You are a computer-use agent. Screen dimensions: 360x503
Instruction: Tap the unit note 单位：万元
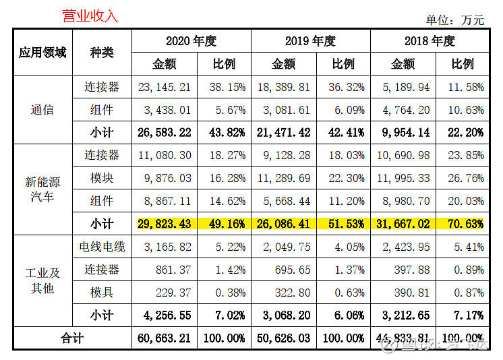point(454,20)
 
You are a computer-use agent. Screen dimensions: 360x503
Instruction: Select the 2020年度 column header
point(191,41)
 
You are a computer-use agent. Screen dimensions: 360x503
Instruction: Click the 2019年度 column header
point(310,41)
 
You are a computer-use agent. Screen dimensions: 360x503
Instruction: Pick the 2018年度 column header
point(430,41)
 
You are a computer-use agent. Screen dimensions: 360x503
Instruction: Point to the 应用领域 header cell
point(42,53)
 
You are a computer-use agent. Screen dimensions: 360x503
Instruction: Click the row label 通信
point(42,109)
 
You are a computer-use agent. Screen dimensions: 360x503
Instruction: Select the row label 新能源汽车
point(42,189)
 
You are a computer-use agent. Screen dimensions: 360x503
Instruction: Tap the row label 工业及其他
point(42,280)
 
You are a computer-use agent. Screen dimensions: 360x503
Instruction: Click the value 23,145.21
point(165,87)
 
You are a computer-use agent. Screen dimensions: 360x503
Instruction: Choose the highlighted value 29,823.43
point(165,224)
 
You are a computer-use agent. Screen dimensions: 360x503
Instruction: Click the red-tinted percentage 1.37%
point(343,270)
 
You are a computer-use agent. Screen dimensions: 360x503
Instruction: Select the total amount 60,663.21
point(165,338)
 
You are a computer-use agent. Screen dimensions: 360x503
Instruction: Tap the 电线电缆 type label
point(102,247)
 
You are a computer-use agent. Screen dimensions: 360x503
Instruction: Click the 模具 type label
point(102,293)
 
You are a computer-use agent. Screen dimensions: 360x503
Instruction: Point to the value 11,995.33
point(403,179)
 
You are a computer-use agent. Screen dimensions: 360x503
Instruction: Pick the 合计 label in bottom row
point(71,338)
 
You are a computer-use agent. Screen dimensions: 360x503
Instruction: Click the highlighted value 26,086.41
point(284,224)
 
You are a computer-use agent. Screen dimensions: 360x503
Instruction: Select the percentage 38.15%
point(224,87)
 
